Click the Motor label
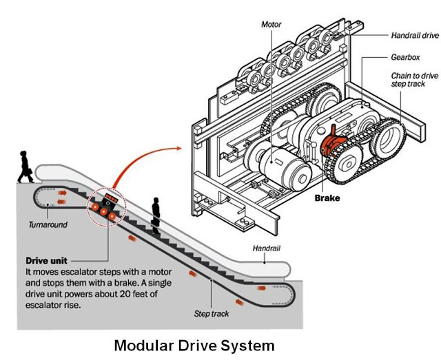271,25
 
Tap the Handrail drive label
415,35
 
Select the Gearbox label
405,57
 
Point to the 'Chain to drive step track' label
415,80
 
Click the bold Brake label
327,198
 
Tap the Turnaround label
48,224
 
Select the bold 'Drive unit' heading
46,260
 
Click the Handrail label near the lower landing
267,248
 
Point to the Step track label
212,314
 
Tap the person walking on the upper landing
25,167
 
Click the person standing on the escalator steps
156,215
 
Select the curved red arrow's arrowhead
178,148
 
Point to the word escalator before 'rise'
43,305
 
